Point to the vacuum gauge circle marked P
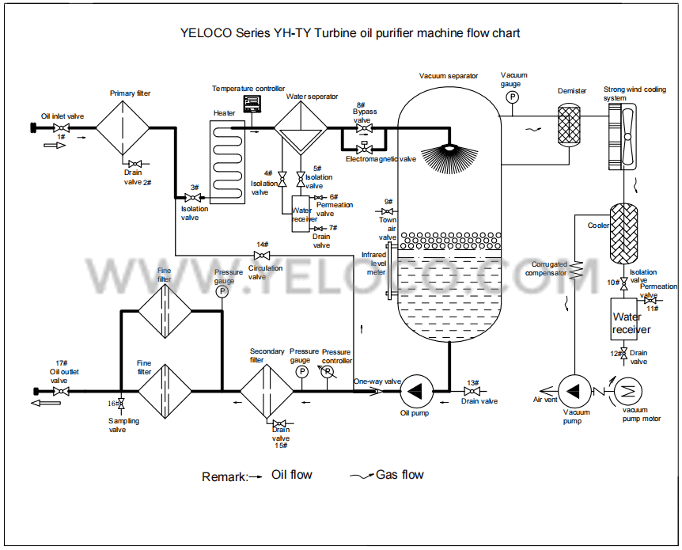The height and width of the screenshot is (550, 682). tap(511, 97)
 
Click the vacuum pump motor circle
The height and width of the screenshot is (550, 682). tap(629, 389)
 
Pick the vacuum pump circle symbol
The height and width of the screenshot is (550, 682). tap(574, 389)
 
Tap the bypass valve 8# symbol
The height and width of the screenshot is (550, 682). tap(364, 128)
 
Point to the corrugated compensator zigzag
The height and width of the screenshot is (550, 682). tap(578, 269)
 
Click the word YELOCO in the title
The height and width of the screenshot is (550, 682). tap(206, 33)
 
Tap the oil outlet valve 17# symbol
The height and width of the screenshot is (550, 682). tap(60, 391)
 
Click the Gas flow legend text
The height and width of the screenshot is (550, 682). tap(400, 475)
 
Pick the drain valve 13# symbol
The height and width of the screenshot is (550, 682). tap(472, 391)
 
